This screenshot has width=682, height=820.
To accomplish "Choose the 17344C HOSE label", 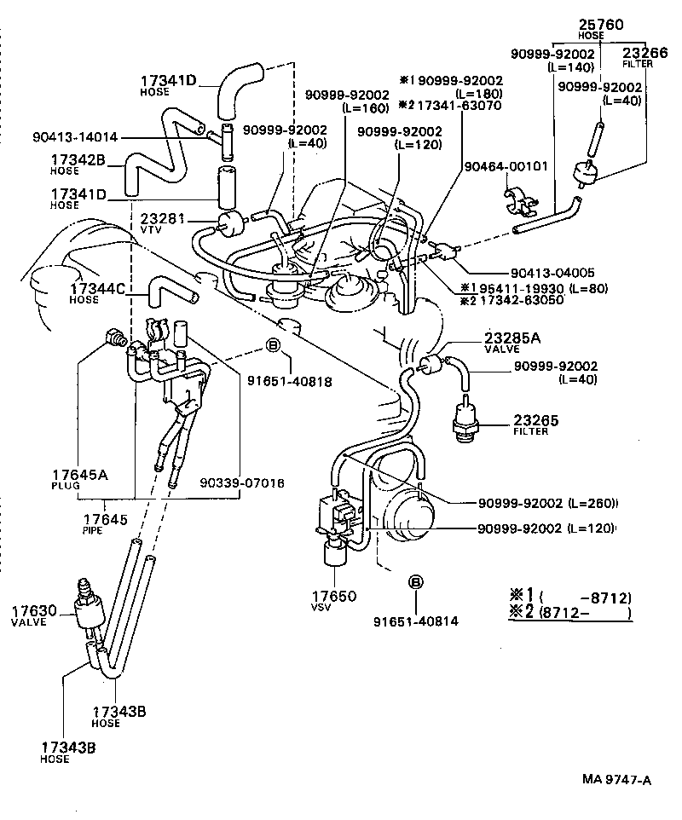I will point(97,293).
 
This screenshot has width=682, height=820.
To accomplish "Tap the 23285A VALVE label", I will point(511,342).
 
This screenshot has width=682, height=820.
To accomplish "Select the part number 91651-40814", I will point(415,621).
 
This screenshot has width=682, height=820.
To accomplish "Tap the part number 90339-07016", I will point(243,482).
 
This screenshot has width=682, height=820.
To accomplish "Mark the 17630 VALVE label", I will point(34,615).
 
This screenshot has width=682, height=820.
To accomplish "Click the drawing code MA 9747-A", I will point(616,779).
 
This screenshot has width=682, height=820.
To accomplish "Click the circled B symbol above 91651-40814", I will point(415,582).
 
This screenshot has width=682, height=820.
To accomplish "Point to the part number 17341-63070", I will point(459,106).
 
